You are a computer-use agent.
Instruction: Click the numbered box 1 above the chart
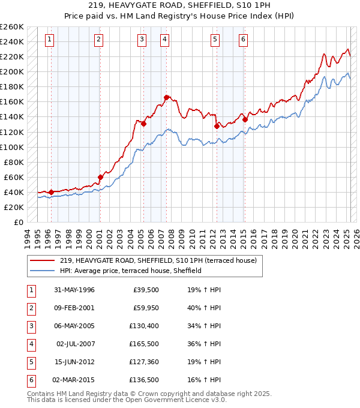[x=49, y=40]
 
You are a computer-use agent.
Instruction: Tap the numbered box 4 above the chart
[x=164, y=40]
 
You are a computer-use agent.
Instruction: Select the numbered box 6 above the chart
[x=243, y=40]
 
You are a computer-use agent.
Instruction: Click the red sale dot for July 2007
[x=166, y=97]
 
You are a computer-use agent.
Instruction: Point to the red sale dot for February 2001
[x=100, y=176]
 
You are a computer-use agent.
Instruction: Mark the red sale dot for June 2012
[x=217, y=126]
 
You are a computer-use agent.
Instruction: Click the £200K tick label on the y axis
[x=12, y=71]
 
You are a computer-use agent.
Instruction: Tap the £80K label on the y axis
[x=14, y=162]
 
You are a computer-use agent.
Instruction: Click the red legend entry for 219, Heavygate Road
[x=158, y=260]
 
